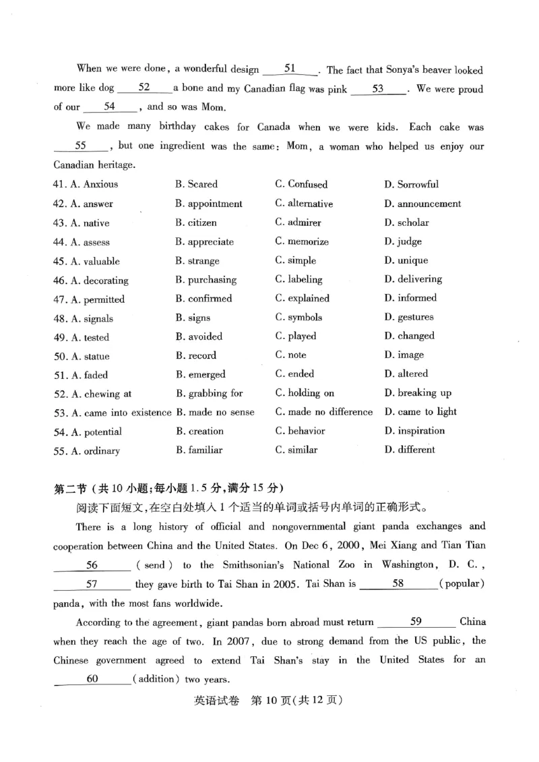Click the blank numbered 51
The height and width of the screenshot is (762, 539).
click(290, 69)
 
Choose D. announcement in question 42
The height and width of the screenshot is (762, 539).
click(422, 204)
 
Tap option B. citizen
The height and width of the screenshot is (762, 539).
click(196, 223)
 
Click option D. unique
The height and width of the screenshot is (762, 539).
click(406, 260)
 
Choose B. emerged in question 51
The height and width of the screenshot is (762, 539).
click(200, 374)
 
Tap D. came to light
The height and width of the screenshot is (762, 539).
click(420, 411)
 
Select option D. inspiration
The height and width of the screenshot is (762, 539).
click(414, 431)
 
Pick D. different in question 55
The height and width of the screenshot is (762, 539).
click(410, 450)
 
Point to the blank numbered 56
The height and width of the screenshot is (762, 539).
click(92, 565)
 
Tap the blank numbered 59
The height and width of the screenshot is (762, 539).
click(416, 622)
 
